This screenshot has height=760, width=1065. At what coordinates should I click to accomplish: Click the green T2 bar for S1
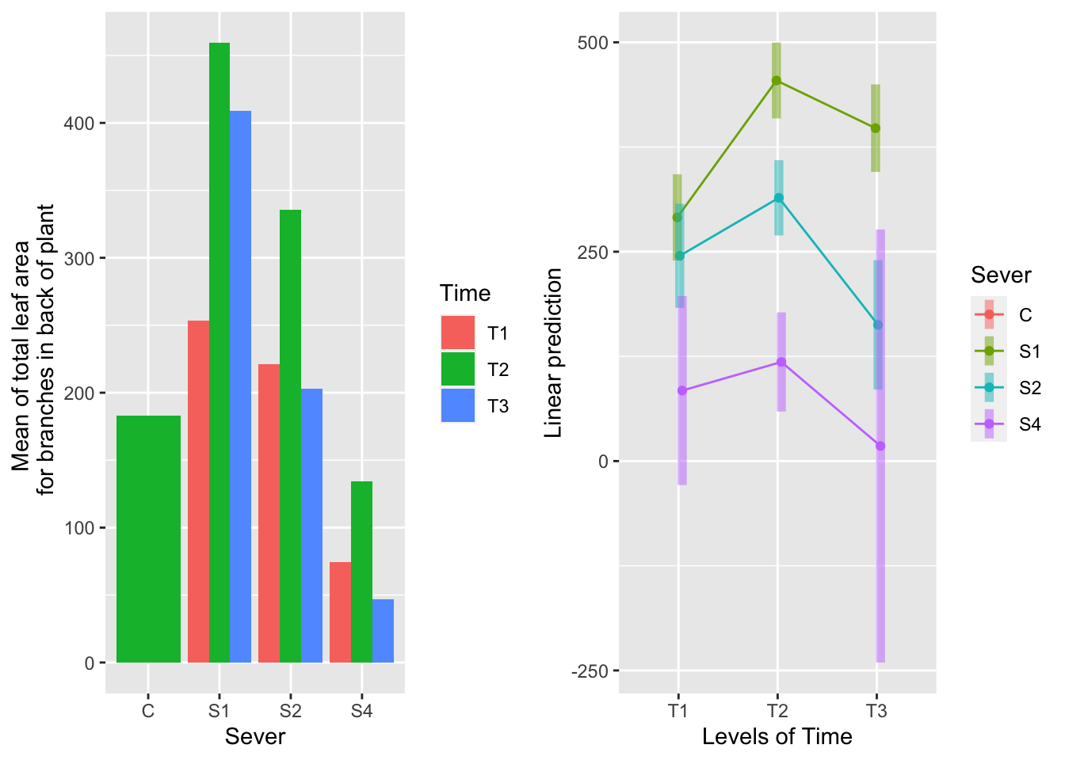(x=219, y=352)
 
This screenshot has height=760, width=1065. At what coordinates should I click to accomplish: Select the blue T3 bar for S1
(x=240, y=386)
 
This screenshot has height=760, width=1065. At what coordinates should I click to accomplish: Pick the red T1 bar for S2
(x=269, y=513)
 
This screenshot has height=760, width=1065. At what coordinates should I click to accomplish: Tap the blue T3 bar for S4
(x=383, y=631)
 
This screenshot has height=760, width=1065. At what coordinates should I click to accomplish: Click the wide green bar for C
(x=148, y=539)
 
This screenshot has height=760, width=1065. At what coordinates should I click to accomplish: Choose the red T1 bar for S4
(x=340, y=612)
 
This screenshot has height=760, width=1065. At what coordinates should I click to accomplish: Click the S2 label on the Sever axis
(x=290, y=711)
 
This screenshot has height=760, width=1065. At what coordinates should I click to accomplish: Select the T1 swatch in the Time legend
(x=458, y=332)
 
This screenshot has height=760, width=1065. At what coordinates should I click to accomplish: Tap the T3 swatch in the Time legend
(x=458, y=405)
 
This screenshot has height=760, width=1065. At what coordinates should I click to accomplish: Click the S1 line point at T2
(x=777, y=81)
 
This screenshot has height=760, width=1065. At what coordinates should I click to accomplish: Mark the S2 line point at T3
(x=878, y=325)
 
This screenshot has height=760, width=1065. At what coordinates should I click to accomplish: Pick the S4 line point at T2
(x=781, y=363)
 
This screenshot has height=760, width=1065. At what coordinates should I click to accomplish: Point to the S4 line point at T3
(x=880, y=446)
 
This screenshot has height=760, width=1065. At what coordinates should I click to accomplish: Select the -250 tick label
(x=589, y=671)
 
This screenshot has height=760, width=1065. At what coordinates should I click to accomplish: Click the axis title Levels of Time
(x=777, y=737)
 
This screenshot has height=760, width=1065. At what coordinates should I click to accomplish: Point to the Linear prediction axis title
(x=554, y=352)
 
